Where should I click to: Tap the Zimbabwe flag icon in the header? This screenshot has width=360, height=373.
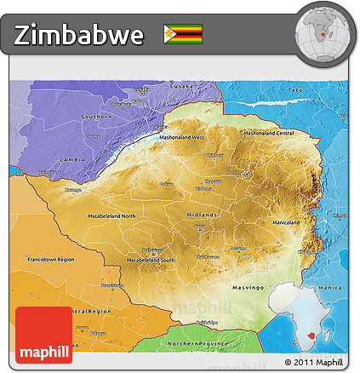tap(183, 34)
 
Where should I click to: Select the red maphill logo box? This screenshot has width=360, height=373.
tap(43, 335)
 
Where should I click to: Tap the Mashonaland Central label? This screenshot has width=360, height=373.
tap(268, 133)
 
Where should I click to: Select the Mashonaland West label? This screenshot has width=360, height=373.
tap(186, 137)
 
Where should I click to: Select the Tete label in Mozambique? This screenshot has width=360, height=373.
tap(296, 89)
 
